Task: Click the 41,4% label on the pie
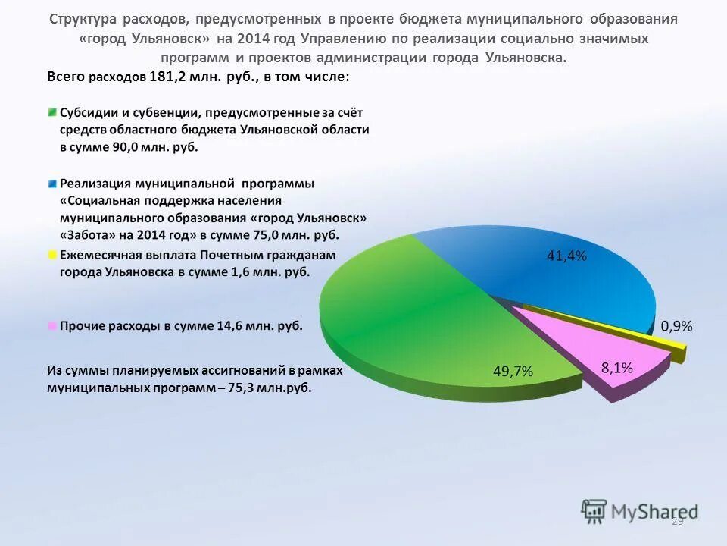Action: point(566,256)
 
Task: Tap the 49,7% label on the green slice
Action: point(513,371)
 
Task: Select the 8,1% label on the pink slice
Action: point(616,368)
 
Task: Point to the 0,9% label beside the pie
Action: point(676,326)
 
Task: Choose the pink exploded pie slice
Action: point(598,345)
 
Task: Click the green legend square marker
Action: point(52,112)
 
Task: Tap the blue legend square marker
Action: point(52,184)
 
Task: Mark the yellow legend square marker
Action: point(52,255)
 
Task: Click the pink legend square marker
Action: point(52,326)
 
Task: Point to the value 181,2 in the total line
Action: point(168,77)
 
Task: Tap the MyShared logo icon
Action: point(594,510)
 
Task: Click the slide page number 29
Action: point(677,521)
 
